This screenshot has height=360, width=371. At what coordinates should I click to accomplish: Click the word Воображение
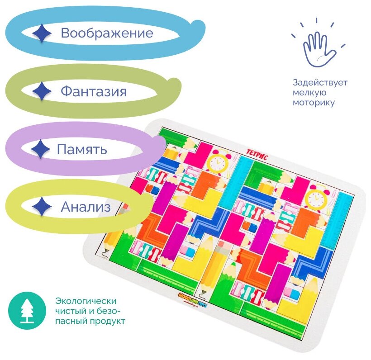(x=107, y=33)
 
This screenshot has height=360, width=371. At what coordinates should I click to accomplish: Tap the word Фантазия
(x=94, y=92)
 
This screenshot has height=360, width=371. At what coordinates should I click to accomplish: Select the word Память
(x=82, y=149)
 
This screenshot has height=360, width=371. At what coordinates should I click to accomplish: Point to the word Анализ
(x=86, y=207)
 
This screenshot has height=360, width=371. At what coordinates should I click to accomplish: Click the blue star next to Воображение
(x=42, y=33)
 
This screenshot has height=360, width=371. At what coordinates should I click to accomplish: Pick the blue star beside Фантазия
(x=42, y=92)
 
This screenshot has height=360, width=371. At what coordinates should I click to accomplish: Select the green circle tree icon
(x=28, y=310)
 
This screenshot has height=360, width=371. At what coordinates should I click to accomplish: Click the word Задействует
(x=320, y=83)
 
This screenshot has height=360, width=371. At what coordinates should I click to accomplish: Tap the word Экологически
(x=86, y=301)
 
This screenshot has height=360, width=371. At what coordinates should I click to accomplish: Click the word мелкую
(x=309, y=93)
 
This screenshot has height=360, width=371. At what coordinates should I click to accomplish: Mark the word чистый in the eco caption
(x=69, y=311)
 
